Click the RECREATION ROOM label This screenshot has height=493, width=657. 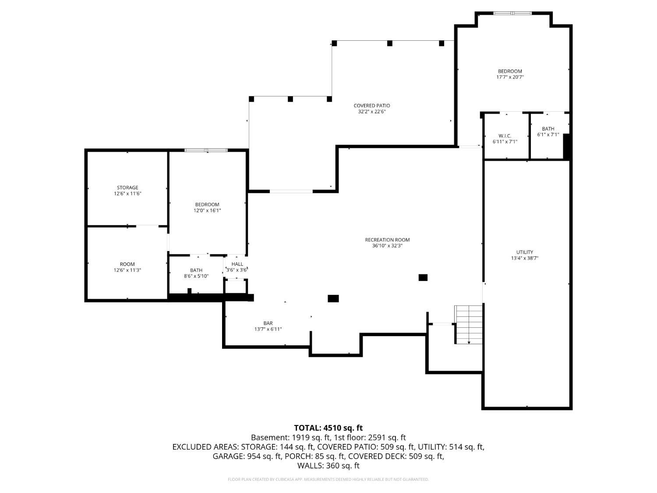387,240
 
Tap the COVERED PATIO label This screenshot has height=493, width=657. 371,106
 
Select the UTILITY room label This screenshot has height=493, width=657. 524,252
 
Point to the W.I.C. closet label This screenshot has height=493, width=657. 505,136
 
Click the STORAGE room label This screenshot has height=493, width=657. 127,188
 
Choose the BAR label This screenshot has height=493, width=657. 268,323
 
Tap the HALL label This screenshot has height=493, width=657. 237,264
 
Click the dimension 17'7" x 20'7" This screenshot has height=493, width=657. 510,77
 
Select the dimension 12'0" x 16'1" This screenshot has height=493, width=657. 207,210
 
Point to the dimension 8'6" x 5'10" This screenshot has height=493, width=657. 196,276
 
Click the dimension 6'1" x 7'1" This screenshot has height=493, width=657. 548,135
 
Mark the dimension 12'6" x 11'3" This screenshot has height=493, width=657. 127,270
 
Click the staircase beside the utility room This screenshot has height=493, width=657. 469,324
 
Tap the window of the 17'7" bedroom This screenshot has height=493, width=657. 512,13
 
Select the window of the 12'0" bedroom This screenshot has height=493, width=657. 206,150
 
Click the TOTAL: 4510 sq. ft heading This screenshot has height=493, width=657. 328,428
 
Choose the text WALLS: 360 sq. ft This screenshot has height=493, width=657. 328,465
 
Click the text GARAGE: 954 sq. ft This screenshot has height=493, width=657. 247,456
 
